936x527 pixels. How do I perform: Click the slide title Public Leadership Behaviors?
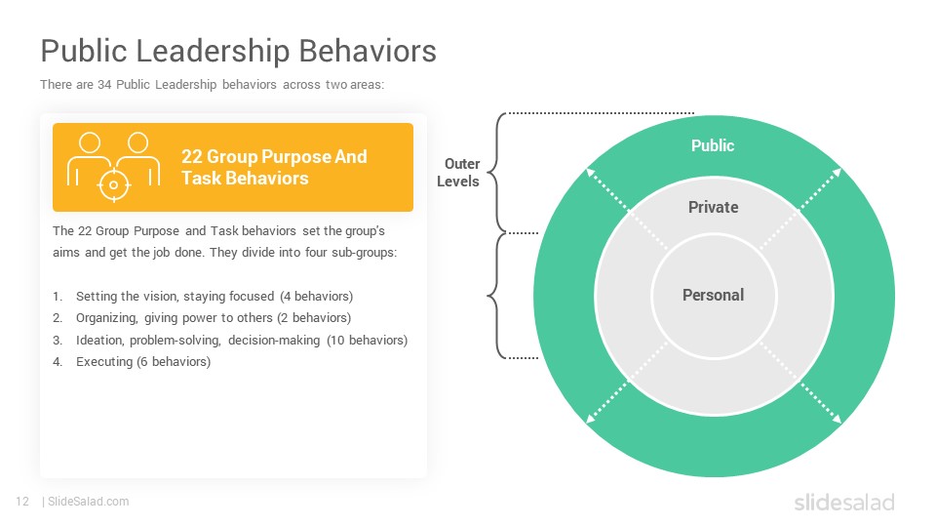tap(238, 51)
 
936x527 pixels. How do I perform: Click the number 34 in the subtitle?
tap(104, 85)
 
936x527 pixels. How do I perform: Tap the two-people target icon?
tap(113, 167)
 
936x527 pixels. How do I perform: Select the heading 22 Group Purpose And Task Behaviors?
tap(274, 167)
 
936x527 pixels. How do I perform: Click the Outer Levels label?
tap(458, 173)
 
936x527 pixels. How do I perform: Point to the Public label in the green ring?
tap(713, 145)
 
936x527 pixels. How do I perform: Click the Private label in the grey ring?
tap(714, 207)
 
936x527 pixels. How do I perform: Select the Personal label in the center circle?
tap(714, 295)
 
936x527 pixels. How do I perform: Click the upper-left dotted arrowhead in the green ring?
tap(591, 172)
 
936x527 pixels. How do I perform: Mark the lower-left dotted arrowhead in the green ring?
tap(591, 419)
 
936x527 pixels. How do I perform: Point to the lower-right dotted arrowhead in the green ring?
tap(837, 419)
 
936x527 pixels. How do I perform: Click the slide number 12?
tap(22, 502)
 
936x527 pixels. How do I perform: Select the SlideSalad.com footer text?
tap(89, 502)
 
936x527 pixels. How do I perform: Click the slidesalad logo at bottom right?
tap(844, 503)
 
